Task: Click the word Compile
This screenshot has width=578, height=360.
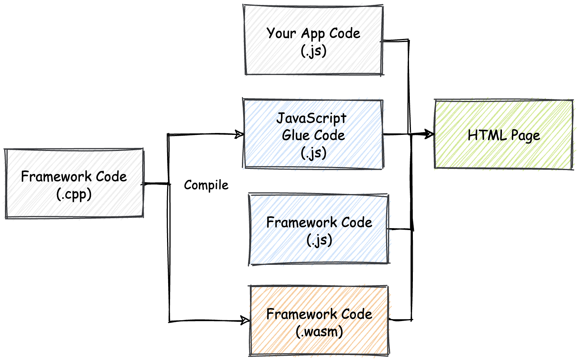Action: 206,185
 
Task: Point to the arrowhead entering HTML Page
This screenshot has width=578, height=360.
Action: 430,134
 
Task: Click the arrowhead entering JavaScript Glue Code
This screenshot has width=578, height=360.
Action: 239,134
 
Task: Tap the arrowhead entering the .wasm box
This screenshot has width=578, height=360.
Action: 245,320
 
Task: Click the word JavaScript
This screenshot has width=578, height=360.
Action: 311,118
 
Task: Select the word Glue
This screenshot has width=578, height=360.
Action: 294,135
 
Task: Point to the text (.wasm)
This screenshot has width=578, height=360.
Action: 319,332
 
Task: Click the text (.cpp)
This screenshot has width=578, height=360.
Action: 74,195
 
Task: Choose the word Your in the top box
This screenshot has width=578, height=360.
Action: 281,33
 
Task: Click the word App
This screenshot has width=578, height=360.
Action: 313,34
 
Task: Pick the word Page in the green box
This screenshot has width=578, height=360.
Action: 525,136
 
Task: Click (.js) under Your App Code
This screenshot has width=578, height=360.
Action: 313,51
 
